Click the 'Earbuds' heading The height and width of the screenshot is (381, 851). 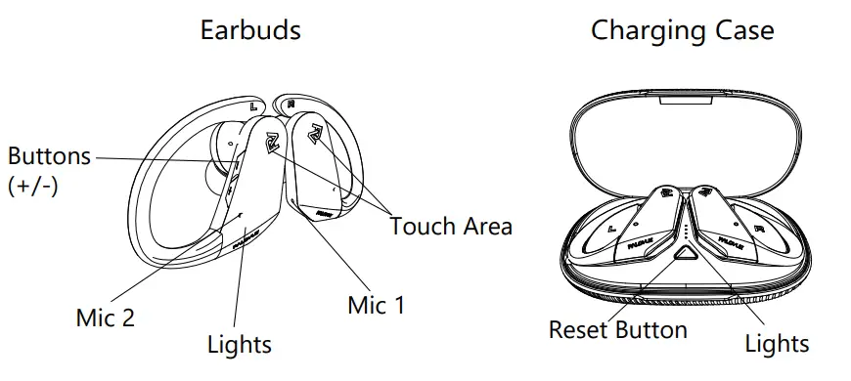click(x=250, y=30)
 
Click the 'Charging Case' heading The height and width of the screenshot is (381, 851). click(x=682, y=30)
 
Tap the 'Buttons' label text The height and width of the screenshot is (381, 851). click(x=49, y=156)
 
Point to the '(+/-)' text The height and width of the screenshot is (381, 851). click(x=33, y=186)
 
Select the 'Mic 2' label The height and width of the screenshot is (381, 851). click(x=106, y=317)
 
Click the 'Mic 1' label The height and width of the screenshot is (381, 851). click(x=376, y=305)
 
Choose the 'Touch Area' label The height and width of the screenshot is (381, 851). click(x=451, y=227)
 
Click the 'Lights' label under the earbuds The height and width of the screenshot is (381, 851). click(x=240, y=344)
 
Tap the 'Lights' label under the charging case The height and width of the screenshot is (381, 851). click(x=777, y=343)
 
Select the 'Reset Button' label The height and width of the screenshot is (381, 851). click(x=617, y=330)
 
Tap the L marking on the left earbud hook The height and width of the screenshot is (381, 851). click(x=254, y=105)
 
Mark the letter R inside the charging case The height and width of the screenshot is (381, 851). click(x=760, y=231)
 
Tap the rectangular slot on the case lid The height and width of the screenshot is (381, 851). click(x=685, y=97)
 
